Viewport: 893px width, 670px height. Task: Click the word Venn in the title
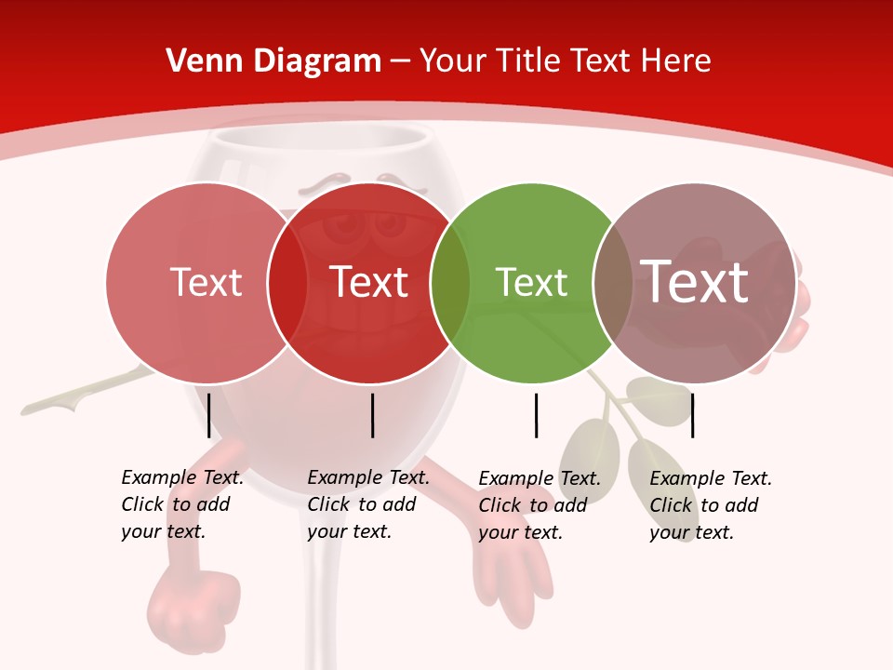[198, 61]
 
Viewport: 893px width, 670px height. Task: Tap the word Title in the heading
[527, 61]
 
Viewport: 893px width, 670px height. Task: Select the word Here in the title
[674, 61]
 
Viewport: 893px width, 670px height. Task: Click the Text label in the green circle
[531, 282]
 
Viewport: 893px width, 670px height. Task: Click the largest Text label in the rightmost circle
[695, 282]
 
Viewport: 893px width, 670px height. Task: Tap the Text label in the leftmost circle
[206, 282]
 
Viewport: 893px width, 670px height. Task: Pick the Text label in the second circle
[368, 282]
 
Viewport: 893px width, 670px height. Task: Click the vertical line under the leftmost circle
[209, 415]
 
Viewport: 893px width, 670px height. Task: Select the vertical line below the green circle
[536, 415]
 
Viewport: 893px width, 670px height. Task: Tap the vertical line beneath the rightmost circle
[692, 415]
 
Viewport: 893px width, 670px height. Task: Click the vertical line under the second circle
[372, 415]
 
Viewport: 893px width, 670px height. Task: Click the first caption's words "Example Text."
[182, 477]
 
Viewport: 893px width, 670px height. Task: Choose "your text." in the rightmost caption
[691, 532]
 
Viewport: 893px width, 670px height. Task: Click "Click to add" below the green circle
[532, 504]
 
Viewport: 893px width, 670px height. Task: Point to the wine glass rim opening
[316, 140]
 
